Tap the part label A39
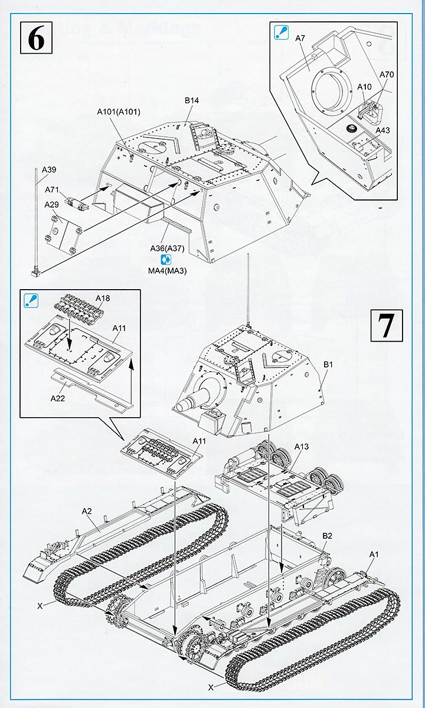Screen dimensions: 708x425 [49, 170]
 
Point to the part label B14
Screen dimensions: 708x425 [191, 101]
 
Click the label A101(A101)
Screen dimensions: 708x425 [119, 112]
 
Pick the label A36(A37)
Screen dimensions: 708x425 [167, 248]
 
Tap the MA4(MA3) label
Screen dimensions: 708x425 [167, 271]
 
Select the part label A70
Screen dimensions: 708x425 [387, 74]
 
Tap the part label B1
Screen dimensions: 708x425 [328, 365]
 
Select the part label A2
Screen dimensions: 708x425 [87, 511]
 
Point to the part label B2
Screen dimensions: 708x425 [328, 536]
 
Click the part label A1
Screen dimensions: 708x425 [373, 554]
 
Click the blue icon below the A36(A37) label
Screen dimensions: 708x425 [166, 260]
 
